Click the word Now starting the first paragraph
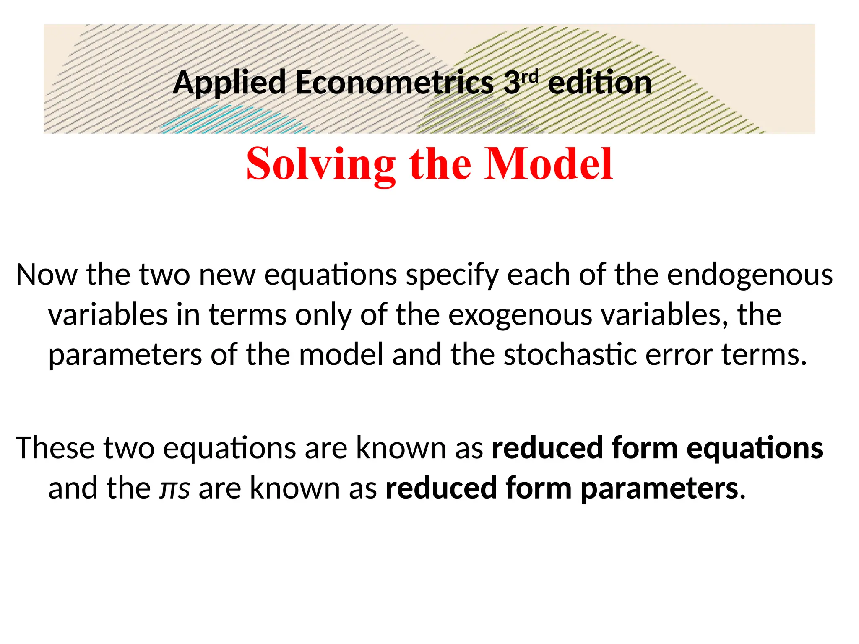click(x=47, y=275)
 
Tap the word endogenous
click(x=750, y=275)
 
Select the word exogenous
click(x=521, y=314)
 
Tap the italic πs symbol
click(x=174, y=488)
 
